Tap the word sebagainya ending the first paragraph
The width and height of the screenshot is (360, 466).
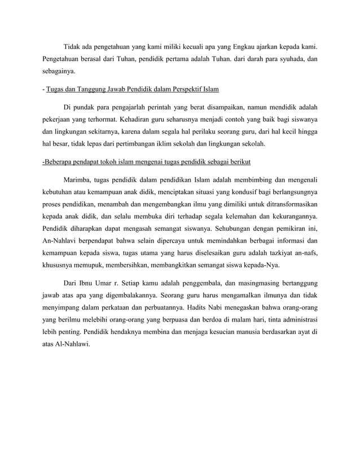tap(58, 72)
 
